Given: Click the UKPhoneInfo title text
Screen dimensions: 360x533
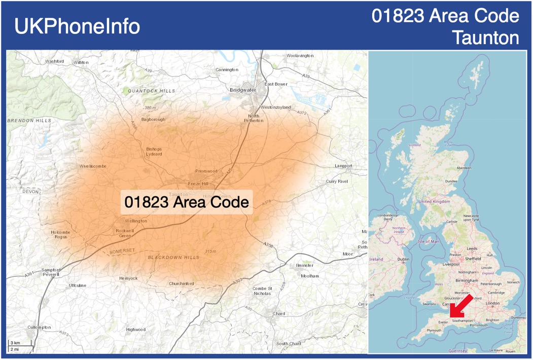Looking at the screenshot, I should click(77, 26).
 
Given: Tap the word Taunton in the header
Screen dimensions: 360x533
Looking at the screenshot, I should click(486, 38).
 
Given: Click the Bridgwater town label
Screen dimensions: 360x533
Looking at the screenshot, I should click(243, 90).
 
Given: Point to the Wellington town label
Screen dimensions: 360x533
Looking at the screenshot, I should click(136, 221).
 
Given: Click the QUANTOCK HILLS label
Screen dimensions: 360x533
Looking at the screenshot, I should click(151, 91).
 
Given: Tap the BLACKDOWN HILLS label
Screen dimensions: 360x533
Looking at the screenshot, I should click(173, 258).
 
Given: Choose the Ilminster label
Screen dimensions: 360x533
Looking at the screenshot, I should click(304, 265).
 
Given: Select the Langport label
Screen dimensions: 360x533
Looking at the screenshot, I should click(343, 166).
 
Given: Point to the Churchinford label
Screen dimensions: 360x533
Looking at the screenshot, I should click(182, 283).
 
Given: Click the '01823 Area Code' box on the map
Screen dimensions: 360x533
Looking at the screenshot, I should click(187, 202).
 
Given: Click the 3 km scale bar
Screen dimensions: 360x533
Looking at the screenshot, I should click(20, 346).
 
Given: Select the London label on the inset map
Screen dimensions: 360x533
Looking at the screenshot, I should click(492, 303).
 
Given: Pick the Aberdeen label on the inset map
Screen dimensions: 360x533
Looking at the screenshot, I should click(464, 168).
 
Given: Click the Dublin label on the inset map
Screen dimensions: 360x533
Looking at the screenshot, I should click(403, 259).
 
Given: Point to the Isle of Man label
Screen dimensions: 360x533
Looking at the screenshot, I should click(428, 241).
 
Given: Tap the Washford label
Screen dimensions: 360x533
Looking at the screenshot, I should click(54, 61).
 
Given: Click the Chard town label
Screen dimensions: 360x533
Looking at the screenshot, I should click(279, 313).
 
